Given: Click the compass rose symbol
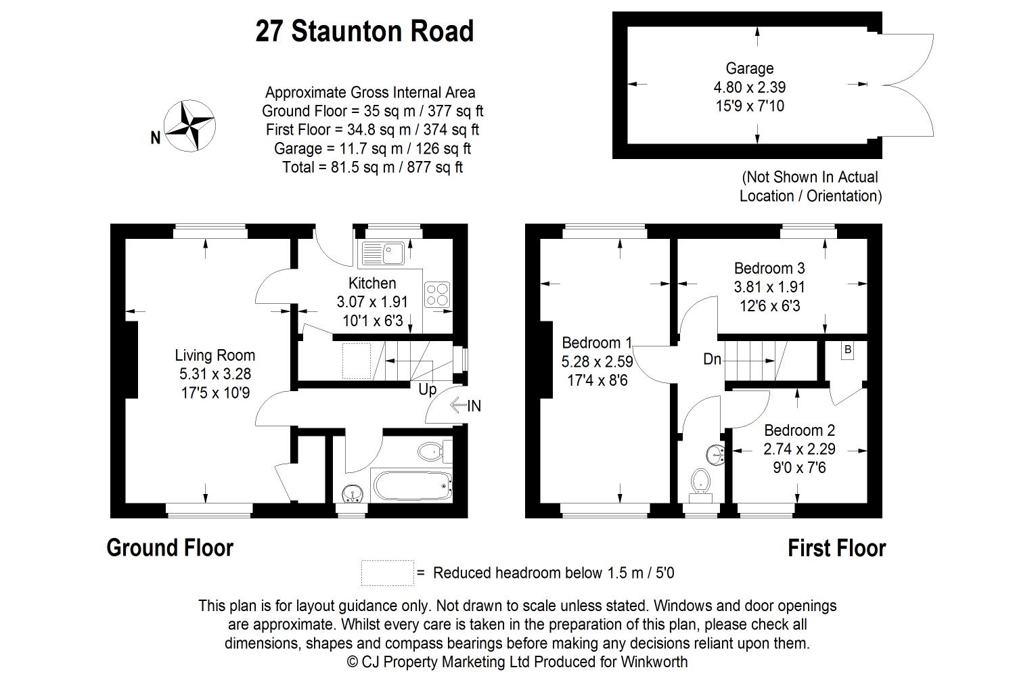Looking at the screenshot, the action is coord(189,126).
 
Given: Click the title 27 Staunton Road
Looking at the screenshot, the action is coord(364,31).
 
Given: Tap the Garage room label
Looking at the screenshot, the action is coord(750,68).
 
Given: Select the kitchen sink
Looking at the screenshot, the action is coord(383,253).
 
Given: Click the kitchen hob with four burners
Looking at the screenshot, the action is coord(437,294).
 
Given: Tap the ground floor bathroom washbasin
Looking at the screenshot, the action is coord(353,493).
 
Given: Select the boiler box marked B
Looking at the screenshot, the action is coord(847,350).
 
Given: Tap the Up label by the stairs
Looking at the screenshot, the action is coord(427,389).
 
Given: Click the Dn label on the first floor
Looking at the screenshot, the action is coord(712,359).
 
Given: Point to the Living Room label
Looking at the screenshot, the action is coord(215,355).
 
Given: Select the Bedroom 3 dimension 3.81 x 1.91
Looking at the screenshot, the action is coord(769,287).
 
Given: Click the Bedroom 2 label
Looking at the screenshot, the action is coord(799,430).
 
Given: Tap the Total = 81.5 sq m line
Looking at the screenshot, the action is coord(372,167).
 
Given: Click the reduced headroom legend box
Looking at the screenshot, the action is coord(388,573).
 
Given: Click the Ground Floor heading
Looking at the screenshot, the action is coord(170,547).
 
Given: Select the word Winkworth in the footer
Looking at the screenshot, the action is coord(654,662).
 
